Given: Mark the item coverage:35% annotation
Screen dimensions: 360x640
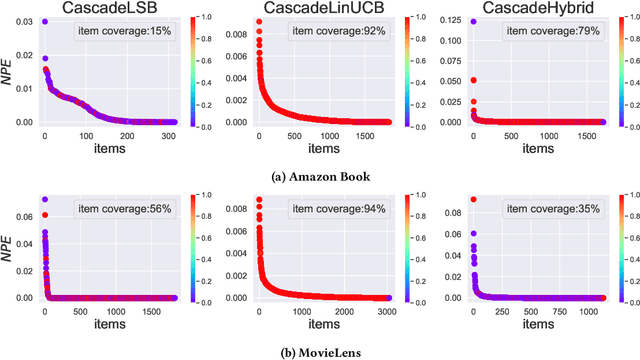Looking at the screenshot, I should [558, 212].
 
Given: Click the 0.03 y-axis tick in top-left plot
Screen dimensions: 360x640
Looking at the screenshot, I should [25, 22].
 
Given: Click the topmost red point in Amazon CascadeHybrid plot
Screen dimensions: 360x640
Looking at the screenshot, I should [472, 22].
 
